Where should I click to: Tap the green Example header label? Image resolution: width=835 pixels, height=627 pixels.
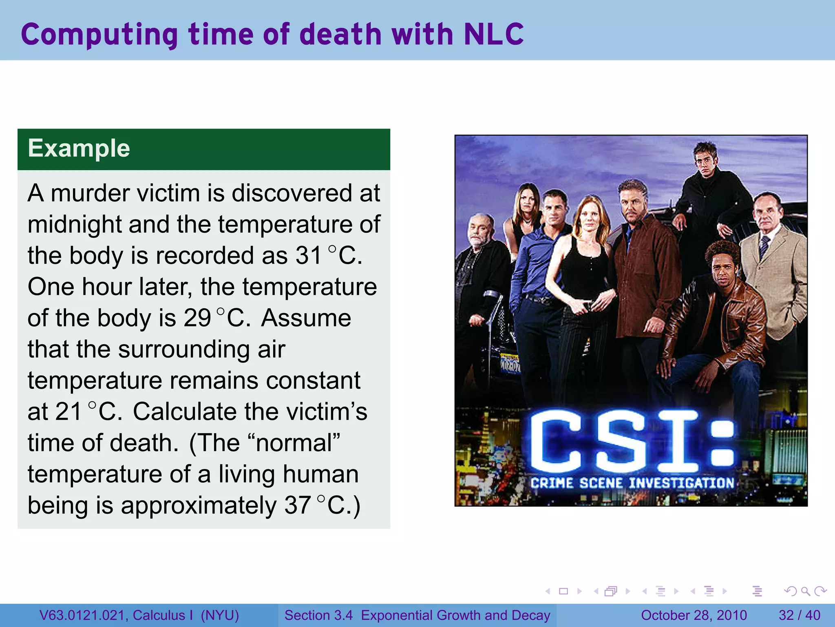tap(79, 149)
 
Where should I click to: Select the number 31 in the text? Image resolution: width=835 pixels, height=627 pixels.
tap(309, 256)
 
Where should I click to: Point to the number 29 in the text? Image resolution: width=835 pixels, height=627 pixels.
tap(197, 318)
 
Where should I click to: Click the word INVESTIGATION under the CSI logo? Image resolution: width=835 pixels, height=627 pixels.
tap(681, 483)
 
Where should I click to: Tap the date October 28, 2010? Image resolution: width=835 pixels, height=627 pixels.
tap(694, 616)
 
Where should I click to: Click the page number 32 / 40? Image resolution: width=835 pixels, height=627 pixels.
tap(799, 616)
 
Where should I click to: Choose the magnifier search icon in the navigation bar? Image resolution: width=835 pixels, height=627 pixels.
tap(805, 591)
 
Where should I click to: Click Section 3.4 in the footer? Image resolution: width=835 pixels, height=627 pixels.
tap(318, 616)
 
